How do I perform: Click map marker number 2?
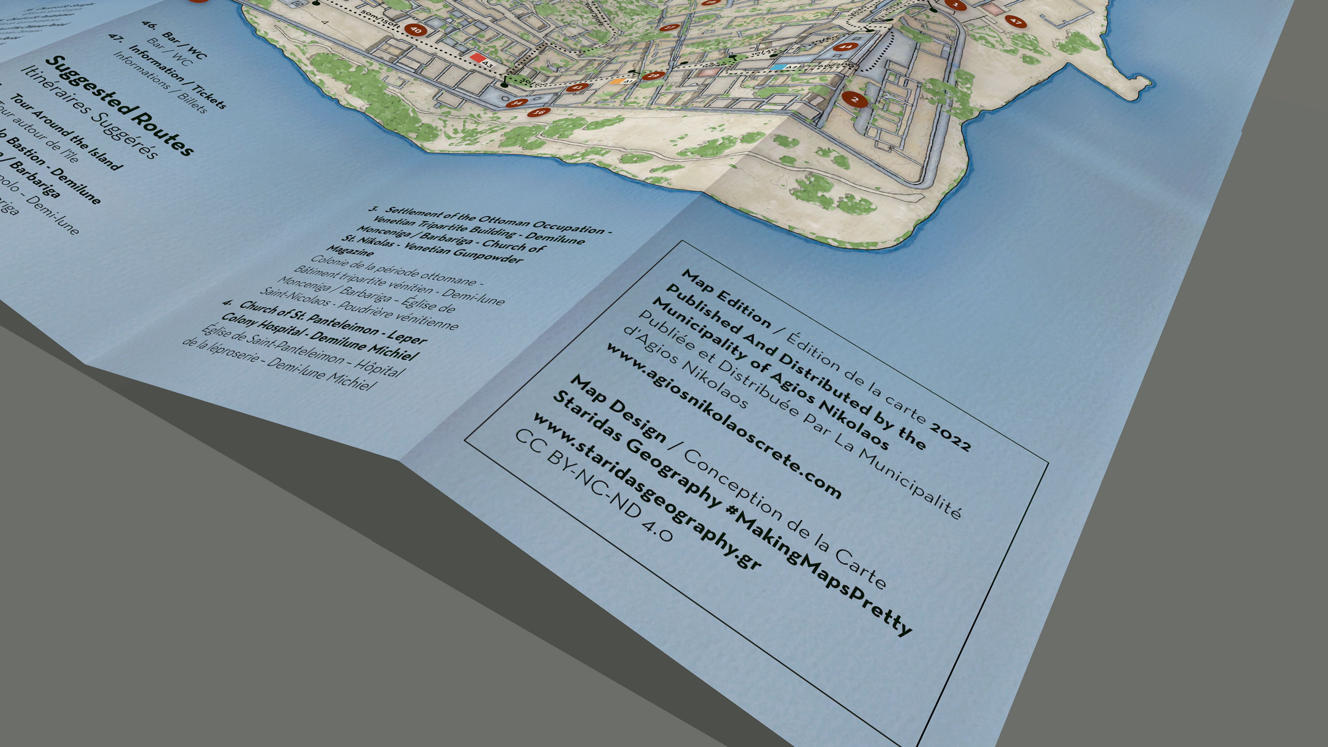855,99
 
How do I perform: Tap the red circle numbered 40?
415,30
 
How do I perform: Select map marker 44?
845,46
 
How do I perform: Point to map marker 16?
539,112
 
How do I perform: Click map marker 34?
516,103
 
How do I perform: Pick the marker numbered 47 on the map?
1015,21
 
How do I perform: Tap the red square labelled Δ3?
478,58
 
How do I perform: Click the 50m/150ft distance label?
380,18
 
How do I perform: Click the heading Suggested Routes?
119,106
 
